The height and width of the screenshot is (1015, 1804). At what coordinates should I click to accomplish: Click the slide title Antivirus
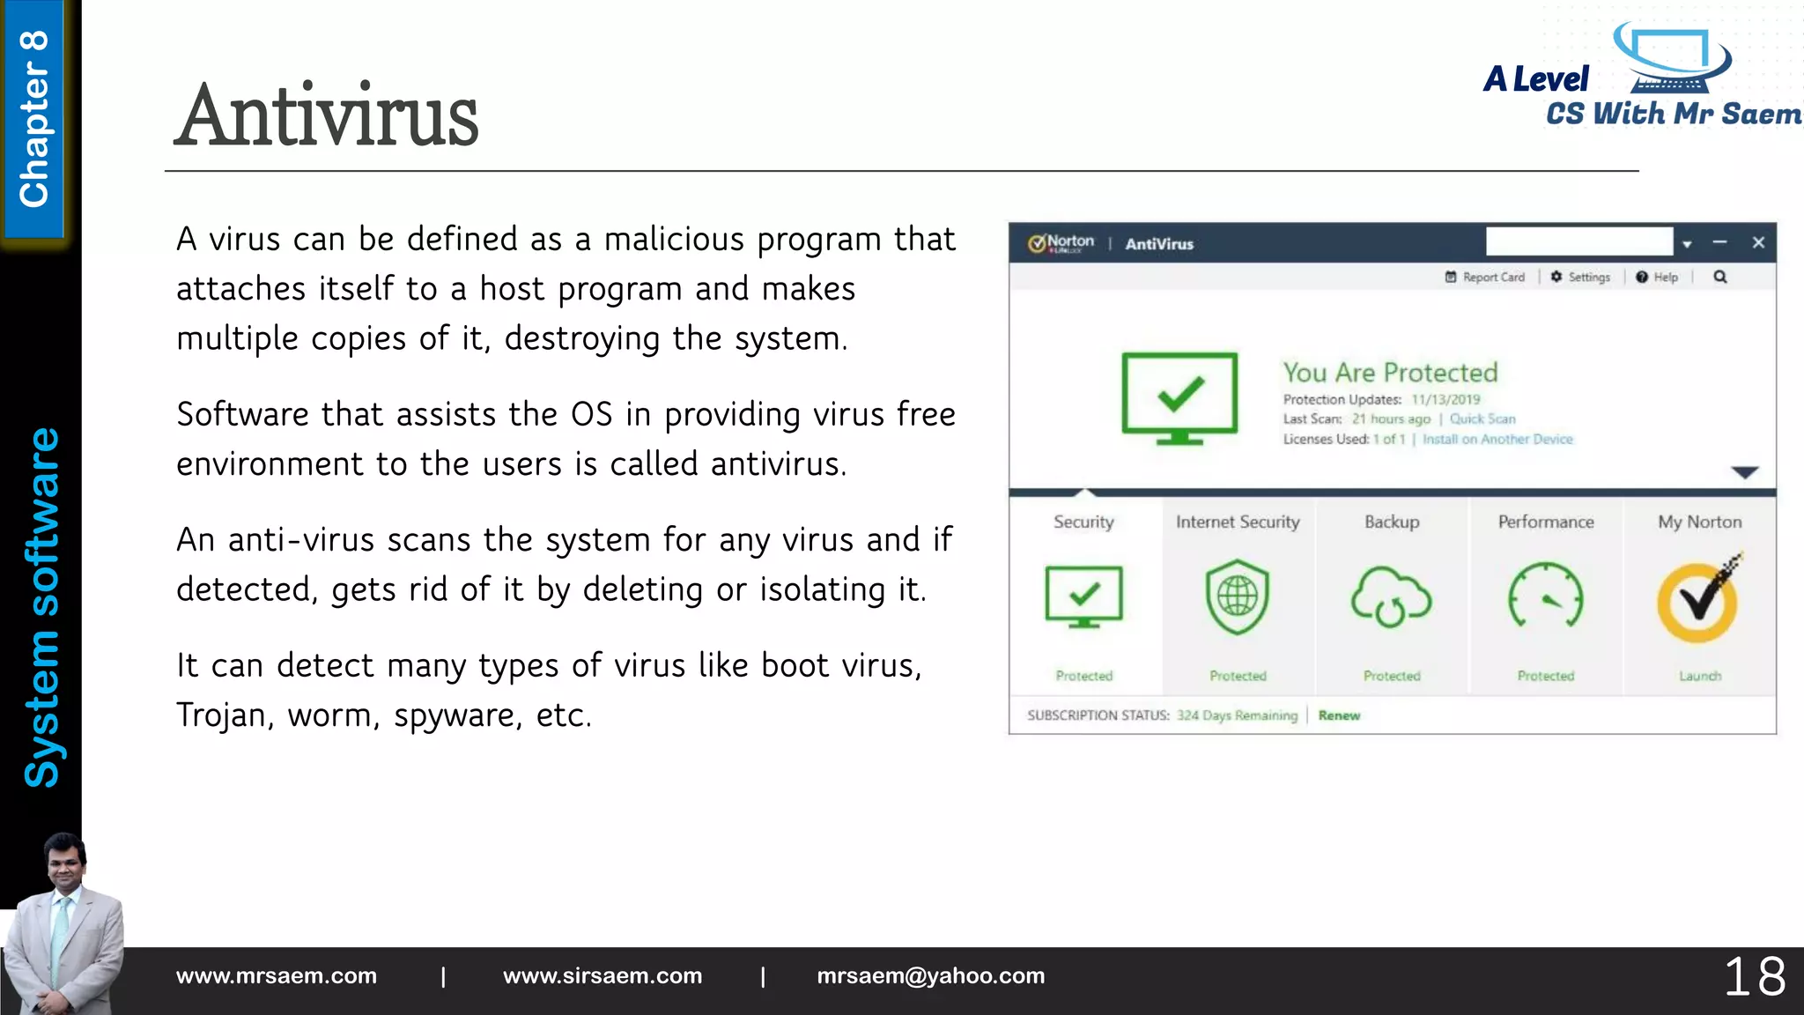point(327,116)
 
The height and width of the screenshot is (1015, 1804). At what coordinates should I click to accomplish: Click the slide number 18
point(1754,977)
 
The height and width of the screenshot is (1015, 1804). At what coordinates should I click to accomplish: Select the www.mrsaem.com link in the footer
point(277,976)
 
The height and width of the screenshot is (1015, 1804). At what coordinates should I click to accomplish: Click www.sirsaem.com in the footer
point(603,976)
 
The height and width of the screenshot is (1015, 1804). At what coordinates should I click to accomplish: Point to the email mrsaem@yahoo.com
point(930,976)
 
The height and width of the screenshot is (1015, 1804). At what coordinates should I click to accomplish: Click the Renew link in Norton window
point(1339,715)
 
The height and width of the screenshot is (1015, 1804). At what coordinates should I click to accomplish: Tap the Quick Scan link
point(1482,419)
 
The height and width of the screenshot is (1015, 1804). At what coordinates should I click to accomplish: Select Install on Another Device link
point(1497,440)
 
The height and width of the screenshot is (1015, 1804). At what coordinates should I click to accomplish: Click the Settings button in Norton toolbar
point(1581,278)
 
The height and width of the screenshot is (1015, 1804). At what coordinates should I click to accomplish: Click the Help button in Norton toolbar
point(1657,278)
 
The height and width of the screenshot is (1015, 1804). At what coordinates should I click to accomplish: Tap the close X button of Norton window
point(1758,242)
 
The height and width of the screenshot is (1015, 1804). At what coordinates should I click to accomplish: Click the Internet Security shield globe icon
point(1238,597)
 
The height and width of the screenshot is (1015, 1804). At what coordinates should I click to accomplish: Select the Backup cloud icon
point(1392,597)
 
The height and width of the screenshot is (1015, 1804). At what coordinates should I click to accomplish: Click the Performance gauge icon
point(1546,597)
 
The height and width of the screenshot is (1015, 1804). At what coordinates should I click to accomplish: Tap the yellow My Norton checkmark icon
point(1698,601)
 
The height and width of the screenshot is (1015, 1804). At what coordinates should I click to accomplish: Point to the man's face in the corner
point(67,868)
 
